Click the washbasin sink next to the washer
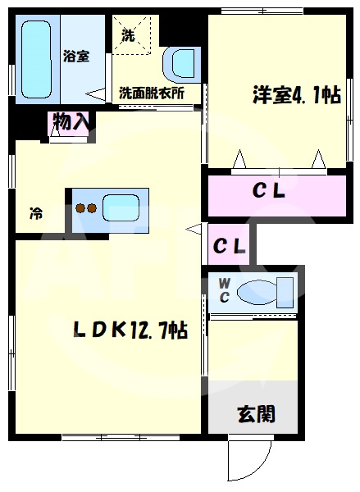point(182,63)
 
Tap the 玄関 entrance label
point(256,414)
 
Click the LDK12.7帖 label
point(131,330)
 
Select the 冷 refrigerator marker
point(37,214)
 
